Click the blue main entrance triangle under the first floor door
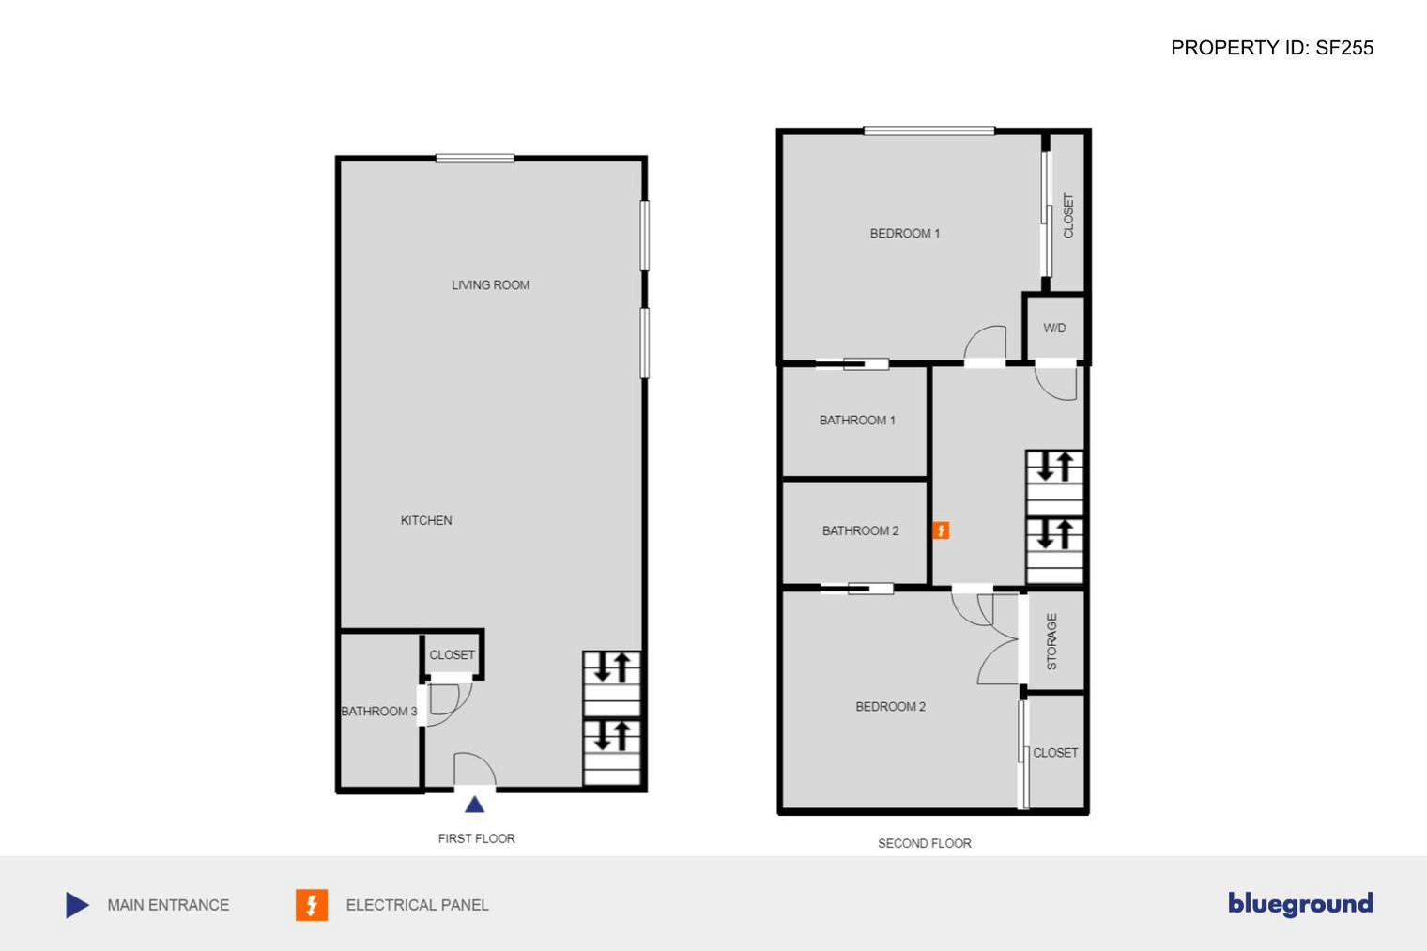click(x=474, y=805)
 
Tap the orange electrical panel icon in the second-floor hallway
click(x=941, y=530)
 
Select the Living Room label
click(x=490, y=284)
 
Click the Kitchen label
click(x=426, y=520)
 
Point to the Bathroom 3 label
click(x=378, y=711)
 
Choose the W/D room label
click(x=1054, y=328)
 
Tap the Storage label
click(x=1051, y=641)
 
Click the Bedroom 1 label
click(x=904, y=233)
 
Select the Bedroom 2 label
click(x=890, y=706)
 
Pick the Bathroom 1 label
click(x=857, y=420)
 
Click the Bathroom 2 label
click(x=860, y=530)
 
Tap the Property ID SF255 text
click(x=1271, y=48)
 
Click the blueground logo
click(x=1300, y=904)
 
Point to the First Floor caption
click(x=476, y=838)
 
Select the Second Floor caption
click(x=924, y=843)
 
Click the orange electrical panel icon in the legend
click(x=312, y=905)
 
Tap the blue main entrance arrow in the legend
click(x=77, y=905)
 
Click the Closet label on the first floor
click(x=452, y=654)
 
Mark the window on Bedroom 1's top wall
click(x=928, y=130)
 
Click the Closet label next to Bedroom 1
click(x=1067, y=215)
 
